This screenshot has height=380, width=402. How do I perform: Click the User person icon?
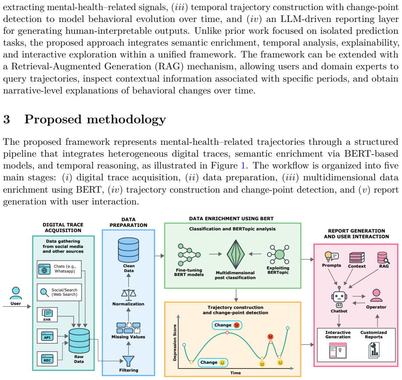tap(16, 293)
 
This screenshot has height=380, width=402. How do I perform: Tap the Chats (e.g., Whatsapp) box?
tap(59, 269)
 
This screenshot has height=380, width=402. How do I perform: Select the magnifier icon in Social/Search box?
tap(45, 293)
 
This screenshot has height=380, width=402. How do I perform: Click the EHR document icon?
tap(47, 313)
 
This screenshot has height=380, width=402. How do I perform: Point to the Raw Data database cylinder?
tap(79, 341)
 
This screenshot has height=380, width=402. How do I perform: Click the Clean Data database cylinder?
tap(128, 250)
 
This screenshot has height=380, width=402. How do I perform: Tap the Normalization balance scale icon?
tap(128, 295)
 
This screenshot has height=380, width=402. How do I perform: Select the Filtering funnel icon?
tap(128, 361)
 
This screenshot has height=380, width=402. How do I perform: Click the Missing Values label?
tap(128, 337)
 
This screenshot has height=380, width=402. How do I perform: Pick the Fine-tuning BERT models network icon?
tap(189, 255)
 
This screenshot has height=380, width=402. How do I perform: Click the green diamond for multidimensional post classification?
tap(235, 254)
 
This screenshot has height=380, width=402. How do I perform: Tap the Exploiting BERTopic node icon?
tap(278, 255)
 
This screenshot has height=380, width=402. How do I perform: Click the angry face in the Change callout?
tap(237, 325)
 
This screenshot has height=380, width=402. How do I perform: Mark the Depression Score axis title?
tap(175, 343)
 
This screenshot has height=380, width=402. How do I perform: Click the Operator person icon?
tap(377, 295)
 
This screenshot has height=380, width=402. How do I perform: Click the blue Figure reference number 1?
tap(243, 165)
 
